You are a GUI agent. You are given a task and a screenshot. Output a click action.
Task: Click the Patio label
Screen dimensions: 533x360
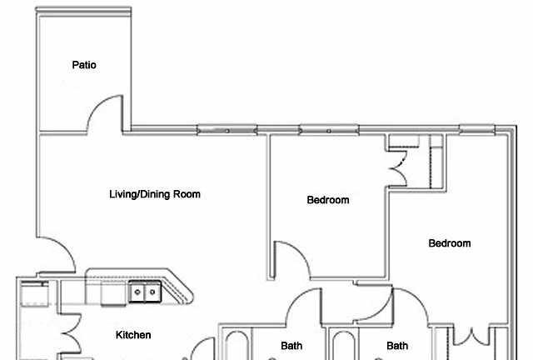coord(84,65)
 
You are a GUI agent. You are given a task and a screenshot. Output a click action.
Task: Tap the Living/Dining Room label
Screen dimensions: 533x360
coord(155,194)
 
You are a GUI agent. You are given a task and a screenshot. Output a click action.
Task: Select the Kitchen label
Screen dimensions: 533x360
coord(133,335)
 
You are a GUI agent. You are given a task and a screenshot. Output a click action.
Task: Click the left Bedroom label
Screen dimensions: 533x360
coord(328,200)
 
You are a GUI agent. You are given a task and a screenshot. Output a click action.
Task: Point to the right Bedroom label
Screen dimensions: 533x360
coord(450,243)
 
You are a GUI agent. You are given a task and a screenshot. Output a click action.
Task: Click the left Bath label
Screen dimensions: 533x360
coord(291,346)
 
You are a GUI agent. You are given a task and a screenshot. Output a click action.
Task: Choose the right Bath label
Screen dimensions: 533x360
coord(397,346)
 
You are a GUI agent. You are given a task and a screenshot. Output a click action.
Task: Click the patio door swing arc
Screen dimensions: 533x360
coord(97,105)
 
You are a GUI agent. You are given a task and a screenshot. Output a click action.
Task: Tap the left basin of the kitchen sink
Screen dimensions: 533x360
coord(137,292)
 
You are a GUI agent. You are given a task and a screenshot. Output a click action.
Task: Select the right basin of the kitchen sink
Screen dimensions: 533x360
coord(152,292)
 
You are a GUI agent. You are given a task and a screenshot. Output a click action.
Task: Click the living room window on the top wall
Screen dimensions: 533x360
coord(227,131)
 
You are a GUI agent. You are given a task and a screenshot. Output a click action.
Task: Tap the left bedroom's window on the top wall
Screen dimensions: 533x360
coord(329,131)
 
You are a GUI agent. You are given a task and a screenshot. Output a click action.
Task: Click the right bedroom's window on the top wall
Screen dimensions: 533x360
coord(477,130)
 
